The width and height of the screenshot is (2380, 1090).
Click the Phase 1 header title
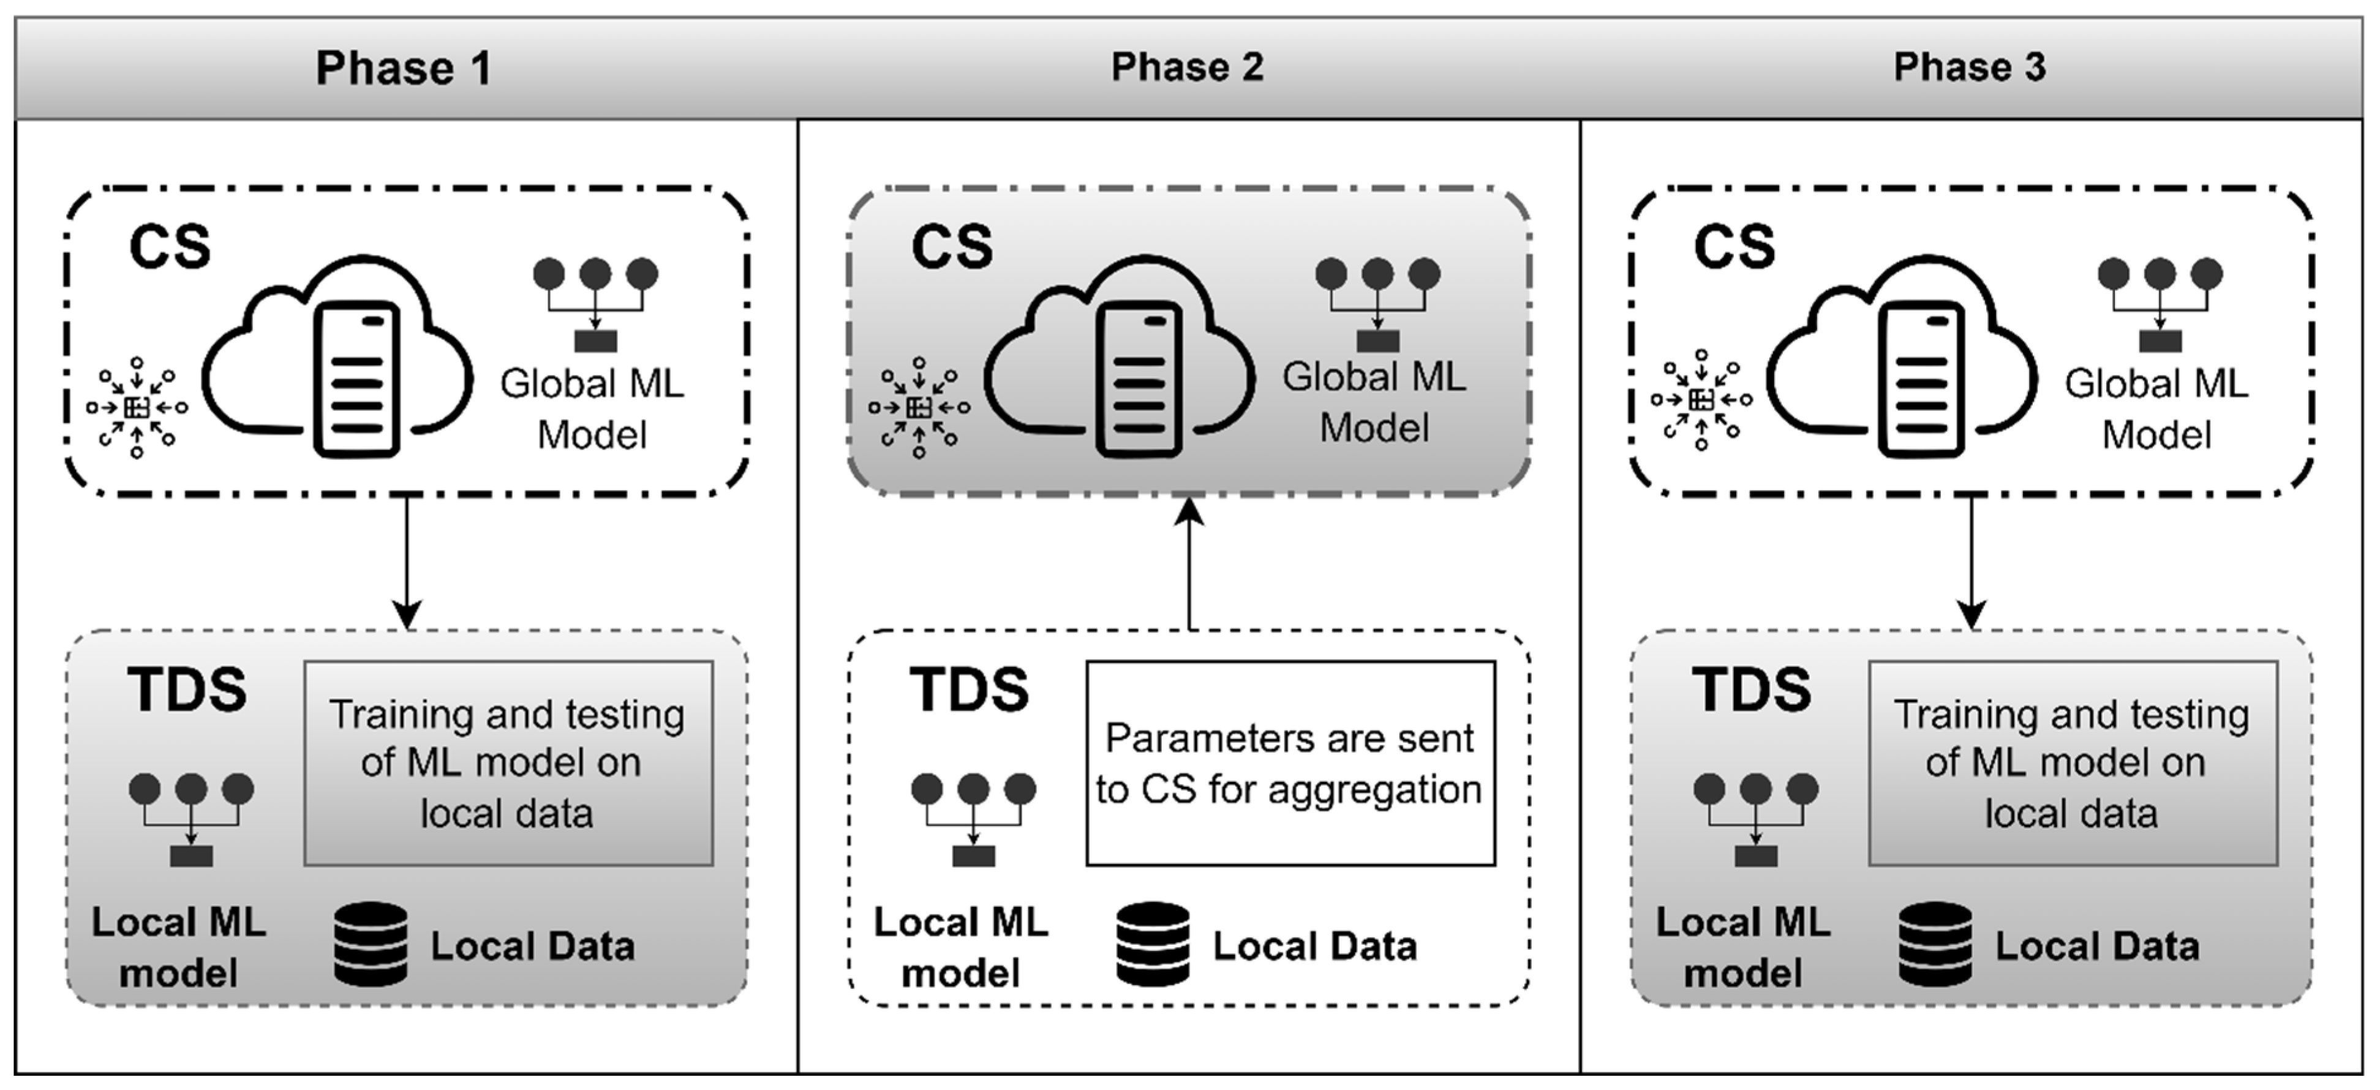pos(404,69)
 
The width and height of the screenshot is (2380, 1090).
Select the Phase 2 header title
pos(1187,67)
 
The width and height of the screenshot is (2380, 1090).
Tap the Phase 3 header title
pos(1970,67)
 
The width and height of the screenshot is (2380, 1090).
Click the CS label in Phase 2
pos(952,247)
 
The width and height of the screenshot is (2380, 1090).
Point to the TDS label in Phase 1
pos(187,690)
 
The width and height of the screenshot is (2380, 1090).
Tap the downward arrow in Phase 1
pos(407,563)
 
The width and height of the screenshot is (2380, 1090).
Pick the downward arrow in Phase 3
pos(1971,563)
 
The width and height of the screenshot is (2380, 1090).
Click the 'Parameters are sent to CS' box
pos(1290,763)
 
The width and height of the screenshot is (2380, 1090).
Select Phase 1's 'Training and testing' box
pos(508,763)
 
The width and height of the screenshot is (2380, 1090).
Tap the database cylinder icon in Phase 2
pos(1152,944)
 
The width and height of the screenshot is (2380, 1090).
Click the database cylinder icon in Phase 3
pos(1935,944)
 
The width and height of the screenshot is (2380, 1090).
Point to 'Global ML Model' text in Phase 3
pos(2156,409)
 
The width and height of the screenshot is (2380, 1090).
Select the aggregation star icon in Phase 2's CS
pos(918,407)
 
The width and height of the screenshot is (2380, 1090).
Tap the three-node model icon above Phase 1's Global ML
pos(596,304)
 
